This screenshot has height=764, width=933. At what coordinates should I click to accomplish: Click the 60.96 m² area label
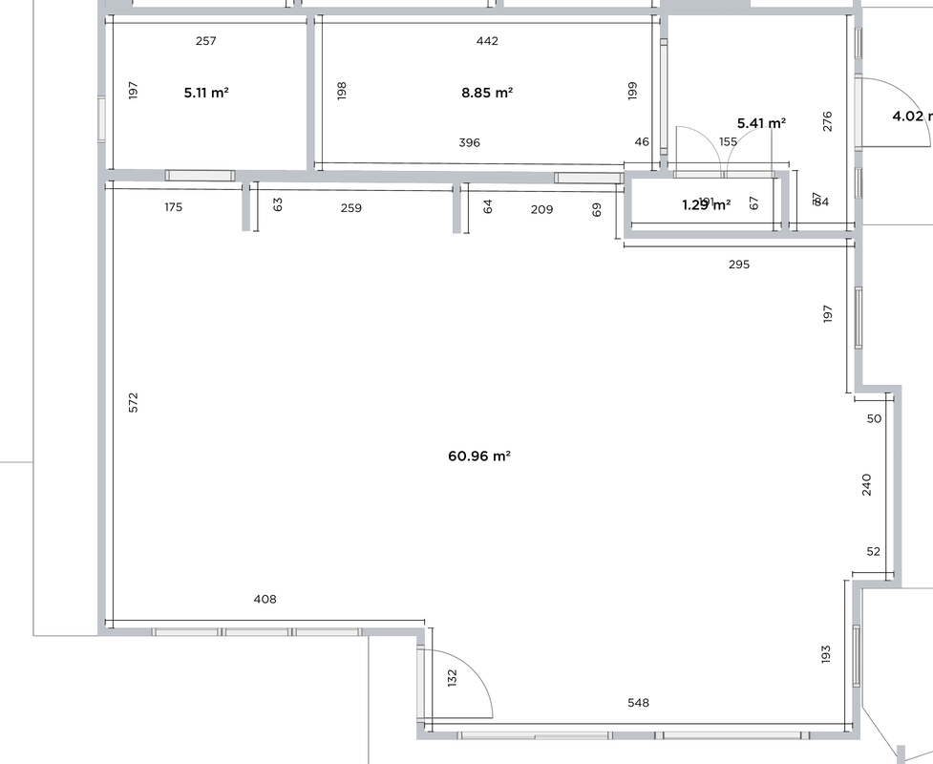tap(480, 456)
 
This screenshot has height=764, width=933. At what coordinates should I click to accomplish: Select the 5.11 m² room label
tap(206, 93)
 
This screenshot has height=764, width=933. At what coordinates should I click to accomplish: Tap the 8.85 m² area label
tap(487, 93)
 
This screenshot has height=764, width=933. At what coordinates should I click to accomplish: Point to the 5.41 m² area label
tap(762, 123)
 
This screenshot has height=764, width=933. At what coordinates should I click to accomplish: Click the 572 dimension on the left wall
tap(134, 402)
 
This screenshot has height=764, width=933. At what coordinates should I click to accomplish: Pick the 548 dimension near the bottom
tap(638, 703)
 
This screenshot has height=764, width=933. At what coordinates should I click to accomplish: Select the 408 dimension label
tap(265, 600)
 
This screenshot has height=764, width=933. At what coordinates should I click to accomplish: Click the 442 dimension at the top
tap(487, 41)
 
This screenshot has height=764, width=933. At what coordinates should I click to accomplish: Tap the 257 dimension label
tap(205, 41)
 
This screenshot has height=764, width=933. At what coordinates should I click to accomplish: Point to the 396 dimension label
tap(469, 142)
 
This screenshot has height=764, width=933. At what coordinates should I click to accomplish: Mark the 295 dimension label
tap(739, 265)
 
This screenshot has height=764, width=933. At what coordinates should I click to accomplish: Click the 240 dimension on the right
tap(867, 484)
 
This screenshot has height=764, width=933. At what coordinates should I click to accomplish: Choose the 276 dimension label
tap(828, 121)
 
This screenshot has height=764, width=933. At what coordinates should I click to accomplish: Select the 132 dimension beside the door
tap(453, 677)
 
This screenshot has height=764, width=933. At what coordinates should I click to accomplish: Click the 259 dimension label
tap(350, 207)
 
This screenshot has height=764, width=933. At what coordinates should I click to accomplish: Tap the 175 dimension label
tap(173, 207)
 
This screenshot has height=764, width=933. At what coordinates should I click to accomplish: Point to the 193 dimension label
tap(826, 654)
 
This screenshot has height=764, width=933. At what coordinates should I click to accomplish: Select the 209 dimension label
tap(541, 208)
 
